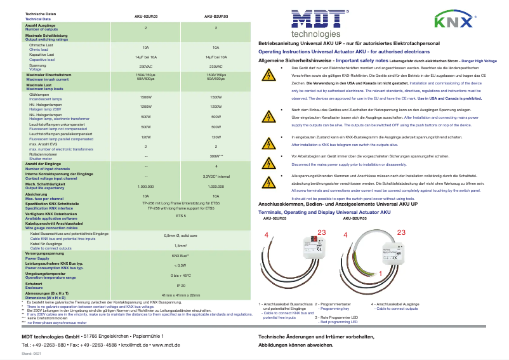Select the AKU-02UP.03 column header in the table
point(146,15)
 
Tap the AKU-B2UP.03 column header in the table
point(216,15)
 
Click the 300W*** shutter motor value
point(216,155)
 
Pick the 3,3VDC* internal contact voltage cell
point(216,176)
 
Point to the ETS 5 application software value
point(181,216)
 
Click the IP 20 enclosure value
point(181,286)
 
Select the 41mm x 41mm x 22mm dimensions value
point(181,295)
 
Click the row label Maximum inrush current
point(47,79)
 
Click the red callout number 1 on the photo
point(380,274)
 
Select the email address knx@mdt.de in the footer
point(135,345)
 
